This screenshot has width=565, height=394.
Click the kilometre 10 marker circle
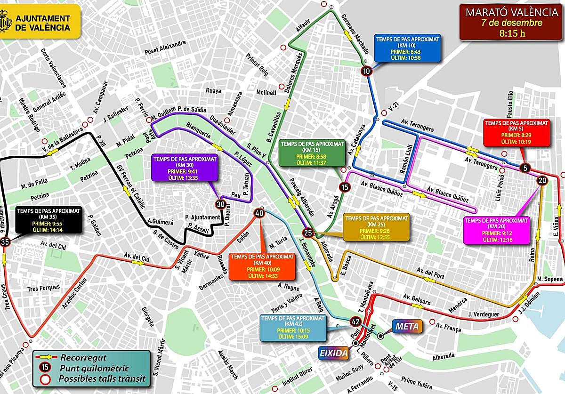click(x=366, y=71)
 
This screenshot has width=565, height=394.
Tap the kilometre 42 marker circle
click(x=355, y=322)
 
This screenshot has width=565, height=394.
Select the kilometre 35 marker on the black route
click(x=5, y=242)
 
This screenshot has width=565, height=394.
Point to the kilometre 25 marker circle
click(x=308, y=233)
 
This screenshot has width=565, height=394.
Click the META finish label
click(x=406, y=326)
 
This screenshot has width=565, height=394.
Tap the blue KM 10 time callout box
click(x=408, y=48)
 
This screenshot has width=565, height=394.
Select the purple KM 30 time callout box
click(x=185, y=168)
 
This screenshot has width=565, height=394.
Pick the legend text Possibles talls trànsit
click(x=102, y=379)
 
